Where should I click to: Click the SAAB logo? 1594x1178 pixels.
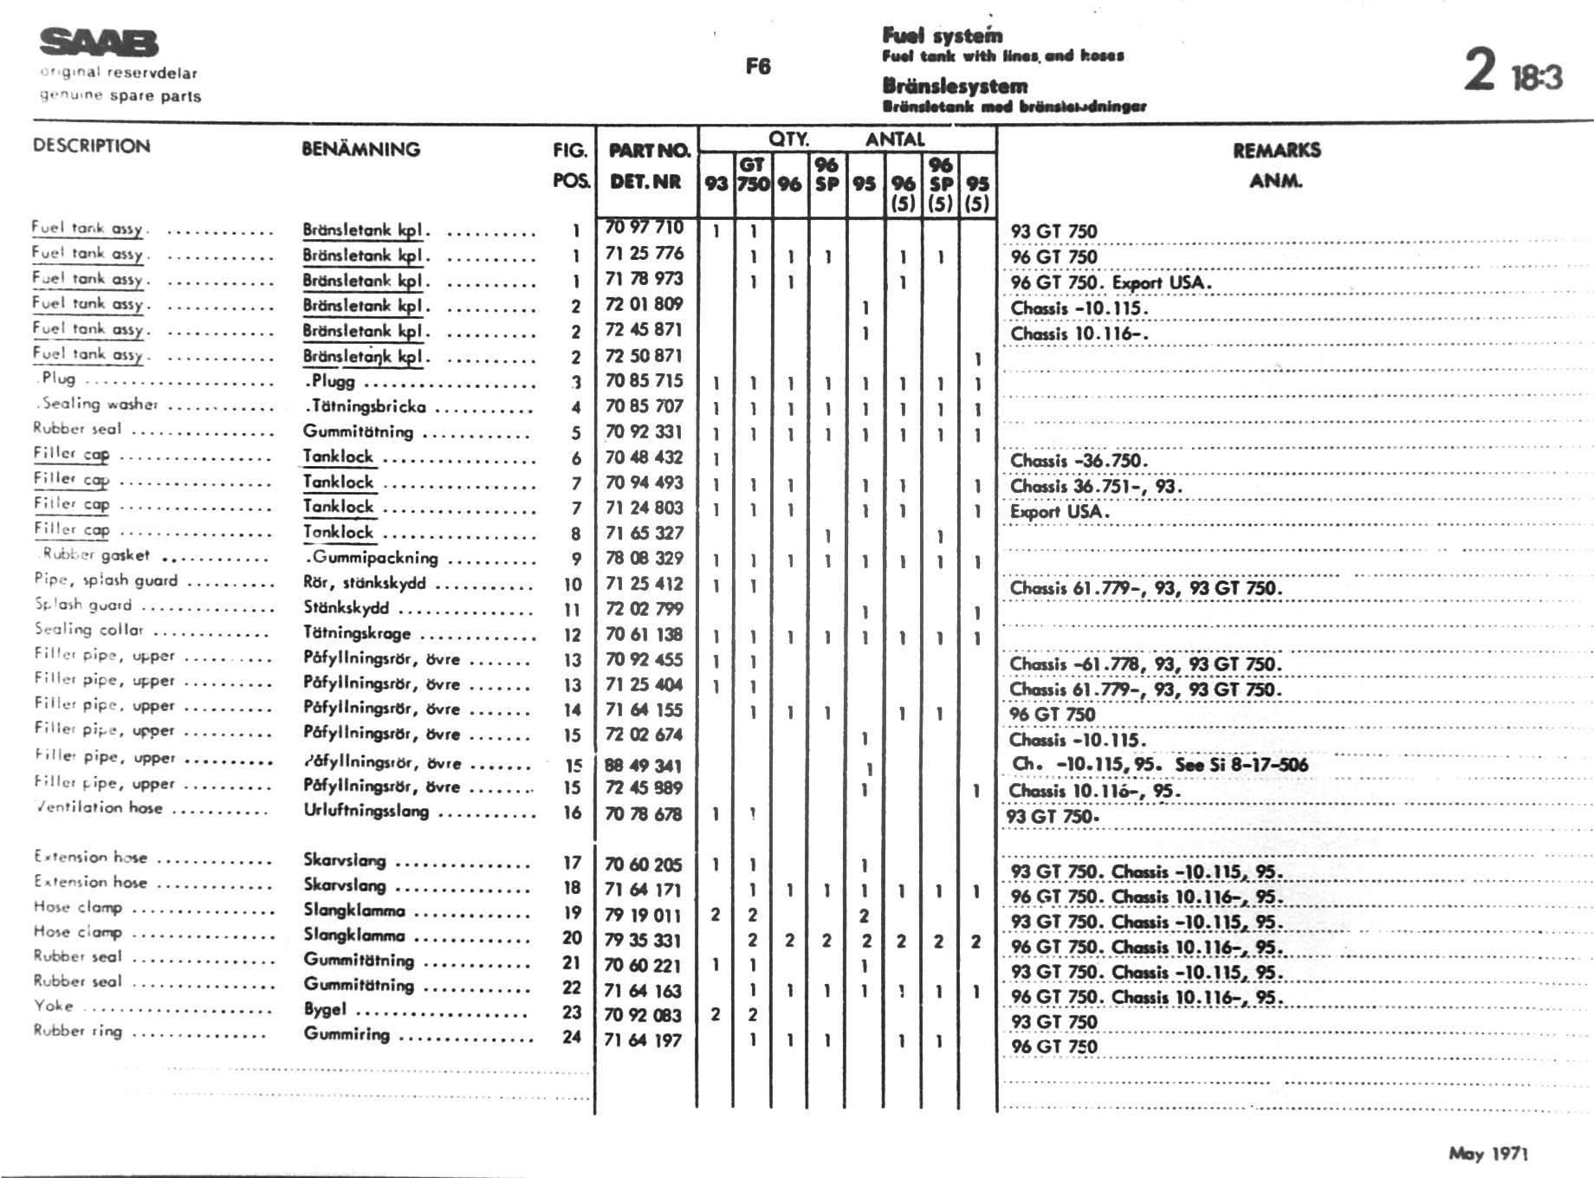tap(99, 42)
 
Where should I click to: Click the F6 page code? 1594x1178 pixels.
tap(758, 67)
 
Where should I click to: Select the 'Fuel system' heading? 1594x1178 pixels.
tap(943, 36)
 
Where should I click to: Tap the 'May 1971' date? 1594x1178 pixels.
tap(1488, 1153)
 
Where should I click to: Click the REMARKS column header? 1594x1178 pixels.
tap(1276, 151)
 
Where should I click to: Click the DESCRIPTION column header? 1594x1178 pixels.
tap(91, 146)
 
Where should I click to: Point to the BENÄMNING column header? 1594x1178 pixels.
tap(360, 149)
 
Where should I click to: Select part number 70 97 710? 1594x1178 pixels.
tap(644, 228)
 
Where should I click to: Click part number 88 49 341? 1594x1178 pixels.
tap(644, 765)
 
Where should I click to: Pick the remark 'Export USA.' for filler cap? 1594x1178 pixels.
tap(1059, 511)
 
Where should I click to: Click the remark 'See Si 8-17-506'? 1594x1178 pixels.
tap(1241, 764)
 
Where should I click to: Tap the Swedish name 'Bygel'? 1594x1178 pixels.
tap(325, 1009)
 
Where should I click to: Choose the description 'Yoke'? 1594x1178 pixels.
tap(54, 1006)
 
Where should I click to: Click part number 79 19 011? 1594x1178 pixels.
tap(644, 915)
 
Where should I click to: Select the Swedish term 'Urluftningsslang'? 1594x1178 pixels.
tap(366, 811)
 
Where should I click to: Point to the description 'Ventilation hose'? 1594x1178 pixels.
tap(99, 807)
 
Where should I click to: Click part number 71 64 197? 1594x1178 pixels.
tap(644, 1039)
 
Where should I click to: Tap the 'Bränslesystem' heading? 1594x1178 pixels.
tap(955, 86)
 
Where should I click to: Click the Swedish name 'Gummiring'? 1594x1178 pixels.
tap(347, 1033)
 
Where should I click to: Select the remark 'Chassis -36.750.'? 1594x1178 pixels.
tap(1079, 460)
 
